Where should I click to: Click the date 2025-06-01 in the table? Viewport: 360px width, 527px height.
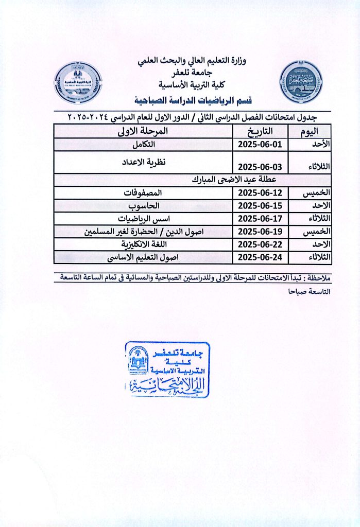260,145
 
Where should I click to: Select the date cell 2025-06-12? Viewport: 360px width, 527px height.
260,193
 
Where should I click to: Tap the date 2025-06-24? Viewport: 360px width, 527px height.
260,256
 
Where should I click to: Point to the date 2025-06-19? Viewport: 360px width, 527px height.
260,231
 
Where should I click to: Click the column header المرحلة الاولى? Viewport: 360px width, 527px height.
144,131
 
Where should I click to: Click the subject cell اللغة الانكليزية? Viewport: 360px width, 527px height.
144,244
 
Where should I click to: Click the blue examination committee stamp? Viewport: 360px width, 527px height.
167,370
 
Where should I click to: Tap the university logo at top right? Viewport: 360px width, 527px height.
301,82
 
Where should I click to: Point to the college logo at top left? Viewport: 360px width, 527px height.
78,82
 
